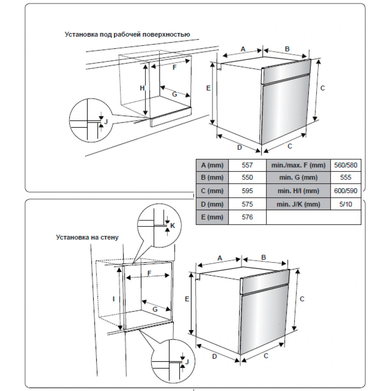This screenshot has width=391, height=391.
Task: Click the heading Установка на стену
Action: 87,237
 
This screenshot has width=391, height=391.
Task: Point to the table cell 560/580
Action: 346,165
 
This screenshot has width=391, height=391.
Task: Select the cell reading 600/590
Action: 346,191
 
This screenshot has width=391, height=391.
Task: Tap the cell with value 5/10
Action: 346,204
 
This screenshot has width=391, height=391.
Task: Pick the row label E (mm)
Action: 212,217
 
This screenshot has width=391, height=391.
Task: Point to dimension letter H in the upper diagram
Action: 142,88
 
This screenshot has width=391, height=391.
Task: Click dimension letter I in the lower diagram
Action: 113,299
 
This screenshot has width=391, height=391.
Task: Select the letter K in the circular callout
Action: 172,225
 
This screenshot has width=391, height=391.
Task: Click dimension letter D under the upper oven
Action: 239,147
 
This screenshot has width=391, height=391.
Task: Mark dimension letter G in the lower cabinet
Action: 155,309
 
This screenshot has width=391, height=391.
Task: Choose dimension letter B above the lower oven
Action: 263,258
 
